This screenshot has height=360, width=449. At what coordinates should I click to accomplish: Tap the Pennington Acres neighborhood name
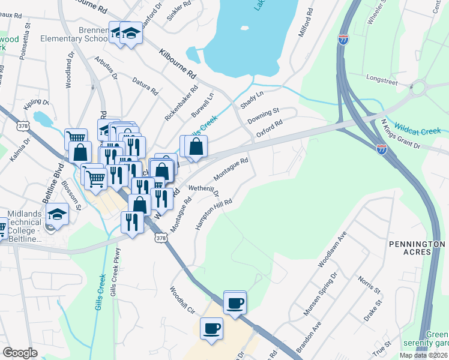(417, 248)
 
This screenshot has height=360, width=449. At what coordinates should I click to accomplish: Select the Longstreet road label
(382, 79)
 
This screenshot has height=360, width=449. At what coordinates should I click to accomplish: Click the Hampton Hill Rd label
(213, 214)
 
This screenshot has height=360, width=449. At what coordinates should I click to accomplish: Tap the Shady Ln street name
(252, 100)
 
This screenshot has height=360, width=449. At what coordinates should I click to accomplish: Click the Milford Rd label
(304, 23)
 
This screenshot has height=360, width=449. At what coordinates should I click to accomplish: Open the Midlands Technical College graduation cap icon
(57, 214)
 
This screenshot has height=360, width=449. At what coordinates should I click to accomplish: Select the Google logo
(20, 353)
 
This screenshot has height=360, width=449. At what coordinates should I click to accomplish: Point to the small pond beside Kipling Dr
(43, 118)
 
